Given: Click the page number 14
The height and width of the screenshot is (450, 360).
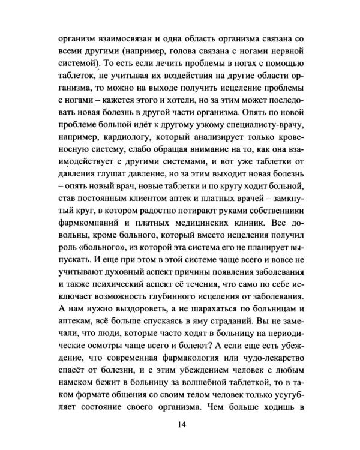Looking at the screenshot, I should [181, 425].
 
